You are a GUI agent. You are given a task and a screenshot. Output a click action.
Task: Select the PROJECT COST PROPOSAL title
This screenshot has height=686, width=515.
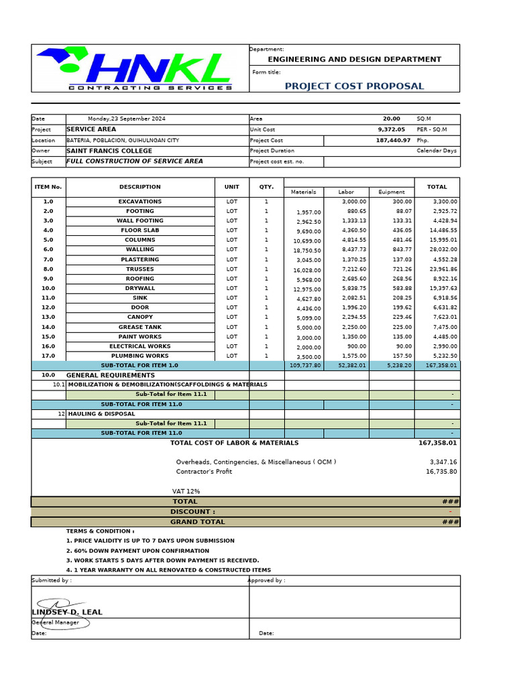354,86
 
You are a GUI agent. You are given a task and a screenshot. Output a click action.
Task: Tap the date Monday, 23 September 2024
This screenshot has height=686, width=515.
126,119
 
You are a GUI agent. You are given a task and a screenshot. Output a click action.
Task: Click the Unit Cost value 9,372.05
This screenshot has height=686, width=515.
391,129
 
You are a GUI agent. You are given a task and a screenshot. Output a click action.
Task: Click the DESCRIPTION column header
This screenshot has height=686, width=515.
140,187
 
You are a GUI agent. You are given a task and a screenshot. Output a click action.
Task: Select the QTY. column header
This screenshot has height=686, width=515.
266,187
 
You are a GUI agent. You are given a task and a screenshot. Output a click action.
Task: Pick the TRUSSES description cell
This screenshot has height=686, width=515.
140,269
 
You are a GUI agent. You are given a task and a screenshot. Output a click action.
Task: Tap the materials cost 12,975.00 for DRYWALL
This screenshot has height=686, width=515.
306,289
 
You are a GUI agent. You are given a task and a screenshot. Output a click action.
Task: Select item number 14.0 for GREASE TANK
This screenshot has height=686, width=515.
48,327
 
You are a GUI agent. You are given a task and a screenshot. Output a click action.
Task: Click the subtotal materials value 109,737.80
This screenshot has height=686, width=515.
304,366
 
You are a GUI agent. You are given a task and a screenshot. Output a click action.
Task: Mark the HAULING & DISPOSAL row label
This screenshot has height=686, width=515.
101,414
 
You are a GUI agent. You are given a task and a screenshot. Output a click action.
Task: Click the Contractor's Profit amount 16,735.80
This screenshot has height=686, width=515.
441,472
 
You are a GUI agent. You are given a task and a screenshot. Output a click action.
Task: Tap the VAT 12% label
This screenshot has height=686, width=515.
186,491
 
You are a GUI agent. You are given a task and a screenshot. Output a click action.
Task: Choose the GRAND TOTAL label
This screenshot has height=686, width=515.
197,522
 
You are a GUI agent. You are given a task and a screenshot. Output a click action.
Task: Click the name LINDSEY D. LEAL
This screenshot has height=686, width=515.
67,612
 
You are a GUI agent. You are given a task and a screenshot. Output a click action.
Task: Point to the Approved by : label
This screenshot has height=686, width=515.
267,581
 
